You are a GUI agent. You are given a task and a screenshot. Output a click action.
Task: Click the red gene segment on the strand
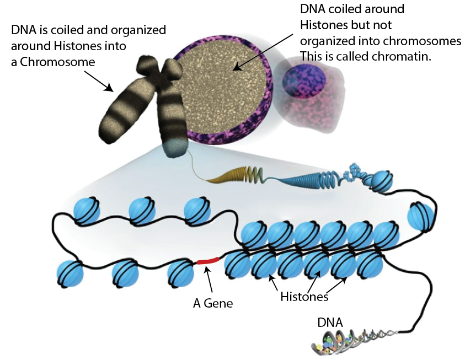(x=208, y=260)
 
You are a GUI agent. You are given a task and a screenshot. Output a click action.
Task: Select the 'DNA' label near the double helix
(x=329, y=321)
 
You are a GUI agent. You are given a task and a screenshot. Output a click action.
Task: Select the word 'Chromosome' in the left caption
(x=53, y=62)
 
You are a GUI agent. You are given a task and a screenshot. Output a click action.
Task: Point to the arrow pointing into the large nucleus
(x=265, y=52)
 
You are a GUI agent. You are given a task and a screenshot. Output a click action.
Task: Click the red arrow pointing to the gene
(x=209, y=278)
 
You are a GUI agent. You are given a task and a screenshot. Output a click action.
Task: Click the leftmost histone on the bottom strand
(x=70, y=272)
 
